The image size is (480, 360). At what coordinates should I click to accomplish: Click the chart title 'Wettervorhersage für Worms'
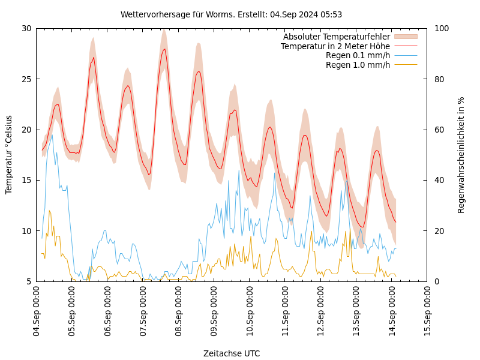(x=231, y=14)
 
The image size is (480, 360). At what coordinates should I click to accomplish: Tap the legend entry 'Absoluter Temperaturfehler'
(x=336, y=37)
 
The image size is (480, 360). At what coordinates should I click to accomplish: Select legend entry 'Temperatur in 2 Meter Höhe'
(x=335, y=46)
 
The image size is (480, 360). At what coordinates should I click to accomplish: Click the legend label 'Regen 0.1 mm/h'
(x=358, y=56)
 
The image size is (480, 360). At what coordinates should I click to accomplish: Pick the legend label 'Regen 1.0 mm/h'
(x=358, y=65)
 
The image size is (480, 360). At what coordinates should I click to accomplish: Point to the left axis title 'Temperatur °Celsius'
(x=9, y=155)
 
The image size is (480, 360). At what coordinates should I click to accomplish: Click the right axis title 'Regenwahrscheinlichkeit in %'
(x=461, y=155)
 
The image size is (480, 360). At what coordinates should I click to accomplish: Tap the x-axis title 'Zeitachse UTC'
(x=232, y=353)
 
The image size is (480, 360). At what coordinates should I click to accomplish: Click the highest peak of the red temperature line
(x=164, y=49)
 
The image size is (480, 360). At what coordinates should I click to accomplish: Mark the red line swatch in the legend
(x=405, y=46)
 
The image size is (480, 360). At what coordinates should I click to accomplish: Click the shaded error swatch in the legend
(x=405, y=37)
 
